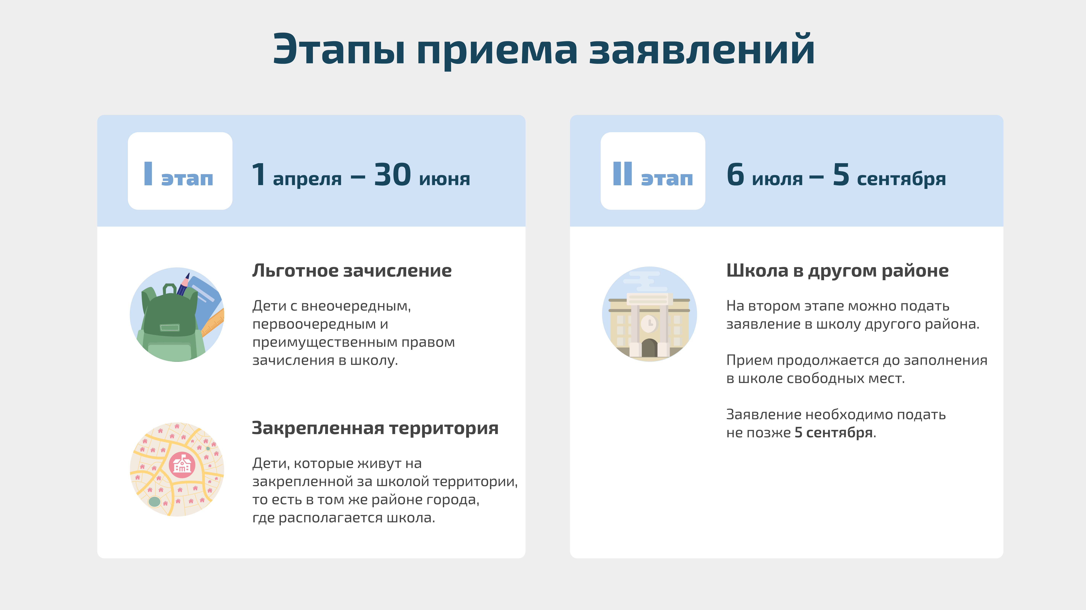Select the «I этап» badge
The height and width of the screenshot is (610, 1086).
coord(180,171)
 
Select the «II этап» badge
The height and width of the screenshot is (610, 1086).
coord(653,171)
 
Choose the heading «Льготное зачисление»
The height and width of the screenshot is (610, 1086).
coord(352,270)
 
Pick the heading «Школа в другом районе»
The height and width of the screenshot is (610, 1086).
coord(837,270)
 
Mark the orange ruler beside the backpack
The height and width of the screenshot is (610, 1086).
coord(213,322)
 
